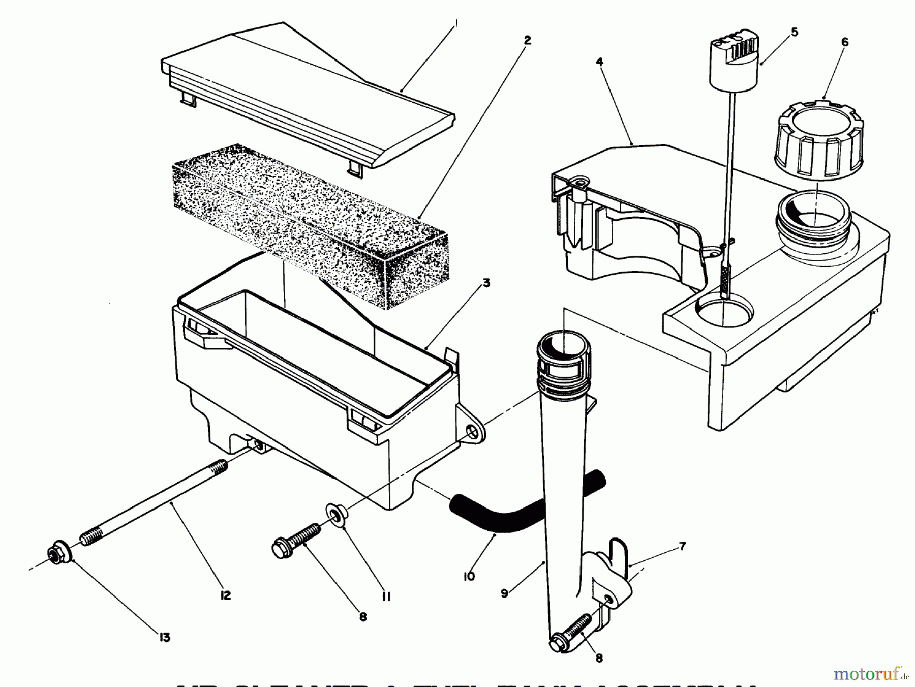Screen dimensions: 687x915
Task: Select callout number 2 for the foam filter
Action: tap(527, 40)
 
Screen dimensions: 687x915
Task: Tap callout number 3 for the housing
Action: tap(486, 283)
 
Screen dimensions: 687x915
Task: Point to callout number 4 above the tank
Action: tap(599, 62)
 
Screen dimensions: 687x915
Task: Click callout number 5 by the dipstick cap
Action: tap(795, 32)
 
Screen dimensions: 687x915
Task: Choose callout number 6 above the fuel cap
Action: tap(845, 42)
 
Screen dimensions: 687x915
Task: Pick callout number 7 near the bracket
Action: tap(683, 546)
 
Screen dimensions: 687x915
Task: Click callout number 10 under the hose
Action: tap(469, 576)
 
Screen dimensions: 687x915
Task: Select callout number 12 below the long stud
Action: tap(225, 595)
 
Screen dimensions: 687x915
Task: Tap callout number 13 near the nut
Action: tap(164, 637)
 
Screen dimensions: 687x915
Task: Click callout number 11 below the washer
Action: tap(386, 597)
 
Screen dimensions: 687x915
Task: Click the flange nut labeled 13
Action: tap(58, 555)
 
